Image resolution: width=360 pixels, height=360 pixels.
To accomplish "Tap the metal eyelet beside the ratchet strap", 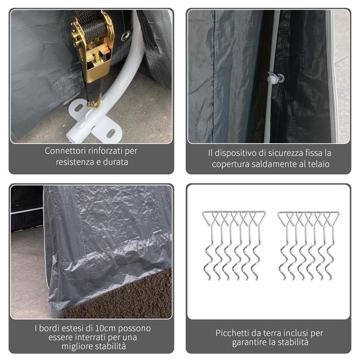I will point(126,36).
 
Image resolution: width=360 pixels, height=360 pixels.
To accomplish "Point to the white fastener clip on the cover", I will point(274,78).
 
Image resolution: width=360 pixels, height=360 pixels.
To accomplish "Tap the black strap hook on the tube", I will point(94,104).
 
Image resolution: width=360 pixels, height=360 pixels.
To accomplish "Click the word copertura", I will point(233,164).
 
